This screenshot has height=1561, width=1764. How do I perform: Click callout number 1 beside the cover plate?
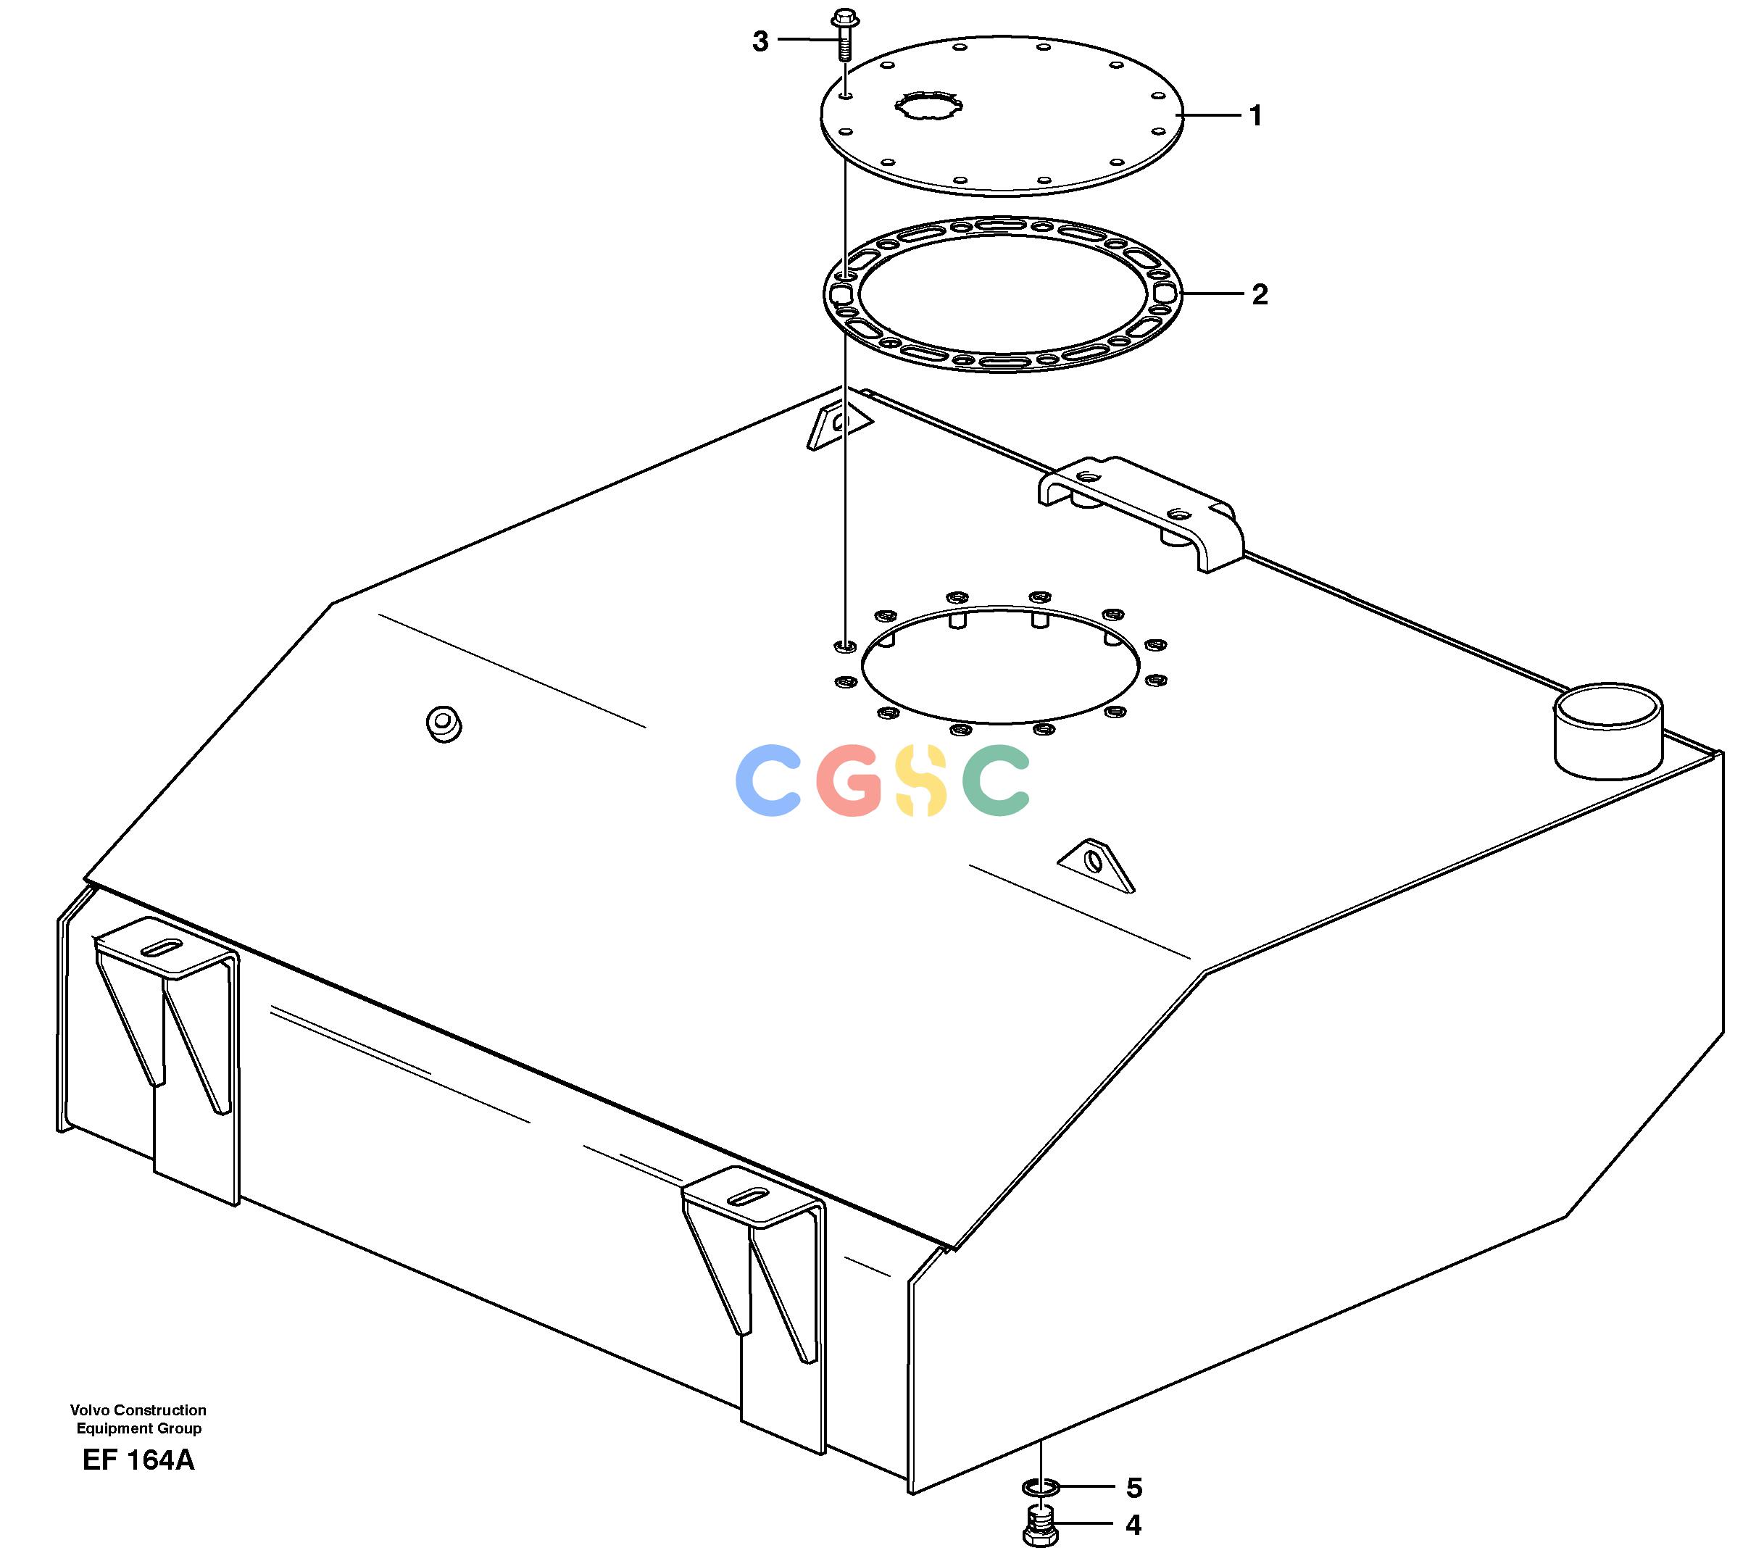point(1256,116)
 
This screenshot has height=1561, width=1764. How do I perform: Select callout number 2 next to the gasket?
point(1260,294)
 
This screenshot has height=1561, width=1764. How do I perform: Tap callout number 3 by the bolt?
point(760,41)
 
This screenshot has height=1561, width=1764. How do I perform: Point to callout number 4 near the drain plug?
point(1133,1525)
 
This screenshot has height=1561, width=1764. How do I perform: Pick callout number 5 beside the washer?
point(1134,1488)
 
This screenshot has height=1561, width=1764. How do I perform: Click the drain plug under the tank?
point(1040,1526)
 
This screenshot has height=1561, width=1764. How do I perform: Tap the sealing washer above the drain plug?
point(1040,1488)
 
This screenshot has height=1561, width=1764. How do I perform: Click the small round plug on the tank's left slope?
point(444,723)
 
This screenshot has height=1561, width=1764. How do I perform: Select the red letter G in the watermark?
point(850,781)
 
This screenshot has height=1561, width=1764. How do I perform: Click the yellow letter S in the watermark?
point(922,781)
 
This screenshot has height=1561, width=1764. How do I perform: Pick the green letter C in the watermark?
point(997,781)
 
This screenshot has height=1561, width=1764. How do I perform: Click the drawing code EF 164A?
point(139,1461)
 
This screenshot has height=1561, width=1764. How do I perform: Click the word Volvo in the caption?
point(91,1410)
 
